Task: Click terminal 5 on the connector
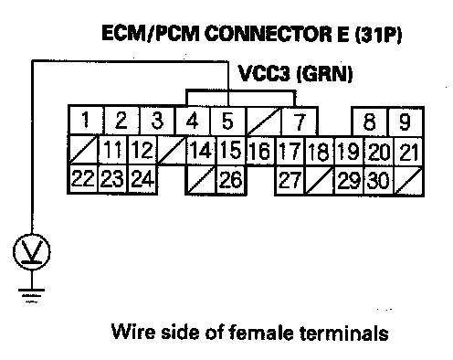point(227,121)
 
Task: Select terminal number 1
point(86,120)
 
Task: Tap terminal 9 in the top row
point(405,122)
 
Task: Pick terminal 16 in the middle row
point(260,152)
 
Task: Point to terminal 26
point(231,180)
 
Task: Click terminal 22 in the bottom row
point(83,179)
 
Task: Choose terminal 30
point(378,180)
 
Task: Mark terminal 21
point(408,152)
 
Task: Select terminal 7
point(300,122)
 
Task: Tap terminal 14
point(201,151)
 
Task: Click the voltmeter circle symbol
point(32,252)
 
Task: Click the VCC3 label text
point(264,74)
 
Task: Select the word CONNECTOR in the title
point(269,34)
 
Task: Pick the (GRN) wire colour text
point(324,74)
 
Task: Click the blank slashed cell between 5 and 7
point(263,122)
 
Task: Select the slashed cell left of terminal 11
point(84,151)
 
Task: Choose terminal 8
point(370,122)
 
